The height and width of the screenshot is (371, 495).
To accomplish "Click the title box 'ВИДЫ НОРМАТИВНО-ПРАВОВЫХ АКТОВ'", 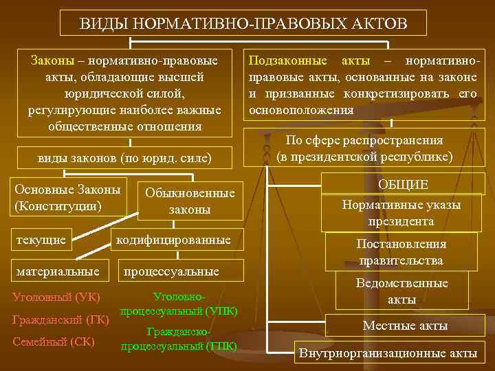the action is [243, 23].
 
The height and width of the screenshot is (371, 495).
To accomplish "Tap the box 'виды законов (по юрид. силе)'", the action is [124, 159].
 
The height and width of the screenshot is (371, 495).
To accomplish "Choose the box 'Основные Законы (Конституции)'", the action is [67, 197].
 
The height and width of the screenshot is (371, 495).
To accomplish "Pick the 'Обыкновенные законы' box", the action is [190, 202].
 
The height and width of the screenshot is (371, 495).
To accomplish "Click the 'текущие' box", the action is [41, 240].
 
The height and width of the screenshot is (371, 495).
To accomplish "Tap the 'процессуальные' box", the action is [171, 272].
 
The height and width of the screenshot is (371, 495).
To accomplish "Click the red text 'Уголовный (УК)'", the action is [57, 297].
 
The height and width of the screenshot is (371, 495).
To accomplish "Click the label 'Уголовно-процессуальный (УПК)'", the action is [179, 304].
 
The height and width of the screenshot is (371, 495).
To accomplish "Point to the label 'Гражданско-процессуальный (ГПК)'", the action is [179, 339].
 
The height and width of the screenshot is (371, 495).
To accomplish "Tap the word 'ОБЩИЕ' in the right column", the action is [403, 184].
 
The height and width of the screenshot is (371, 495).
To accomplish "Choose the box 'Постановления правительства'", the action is [401, 252].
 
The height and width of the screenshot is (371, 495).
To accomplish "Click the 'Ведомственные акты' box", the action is [401, 291].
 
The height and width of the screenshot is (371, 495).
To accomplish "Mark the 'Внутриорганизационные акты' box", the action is [387, 353].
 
